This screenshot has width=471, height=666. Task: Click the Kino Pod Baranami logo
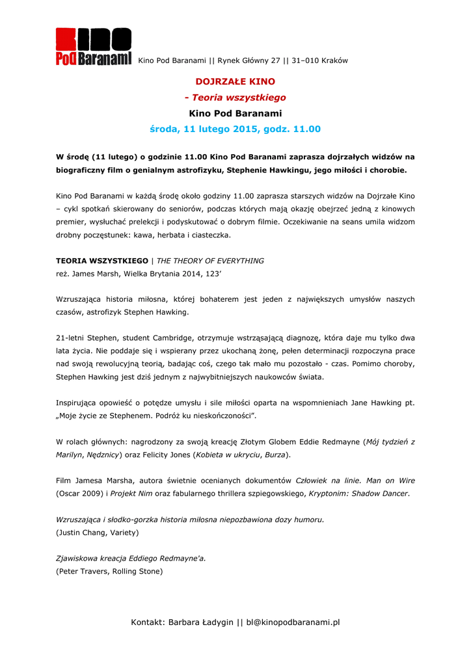[93, 46]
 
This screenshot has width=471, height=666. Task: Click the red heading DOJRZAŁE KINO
[235, 82]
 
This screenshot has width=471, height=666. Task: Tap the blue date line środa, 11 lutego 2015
[235, 129]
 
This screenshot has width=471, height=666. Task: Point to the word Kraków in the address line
[335, 60]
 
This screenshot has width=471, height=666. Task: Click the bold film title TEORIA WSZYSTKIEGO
[102, 261]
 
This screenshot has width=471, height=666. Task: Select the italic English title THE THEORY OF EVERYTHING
[210, 261]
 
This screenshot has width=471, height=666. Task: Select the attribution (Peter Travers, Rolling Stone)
[109, 572]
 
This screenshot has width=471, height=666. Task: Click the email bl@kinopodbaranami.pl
[293, 622]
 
